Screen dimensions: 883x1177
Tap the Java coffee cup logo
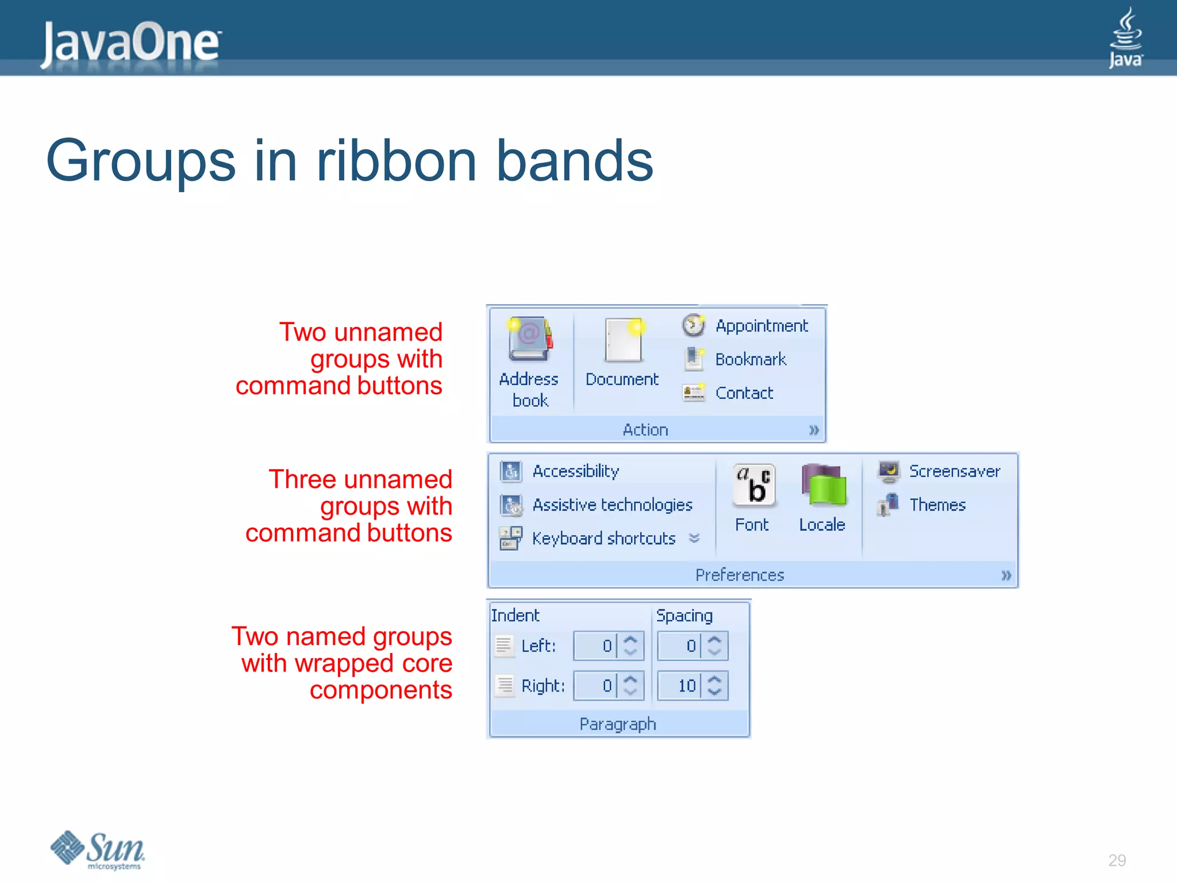(x=1125, y=37)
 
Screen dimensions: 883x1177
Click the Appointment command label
(x=761, y=326)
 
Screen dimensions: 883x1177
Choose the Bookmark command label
(x=750, y=359)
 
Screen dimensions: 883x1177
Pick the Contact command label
(x=744, y=393)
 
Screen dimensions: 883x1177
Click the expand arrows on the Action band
(x=813, y=430)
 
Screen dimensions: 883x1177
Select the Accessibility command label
(x=575, y=471)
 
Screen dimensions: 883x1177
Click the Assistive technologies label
(x=612, y=505)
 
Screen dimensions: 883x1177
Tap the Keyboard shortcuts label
(x=603, y=539)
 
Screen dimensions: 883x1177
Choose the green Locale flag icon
(x=824, y=486)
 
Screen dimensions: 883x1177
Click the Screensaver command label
(x=954, y=471)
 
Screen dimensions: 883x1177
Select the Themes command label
(x=937, y=505)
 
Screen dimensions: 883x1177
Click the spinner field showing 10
(x=680, y=685)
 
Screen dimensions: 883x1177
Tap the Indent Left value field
(x=596, y=646)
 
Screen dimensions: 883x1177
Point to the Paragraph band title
(x=617, y=724)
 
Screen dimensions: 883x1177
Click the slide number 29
(x=1117, y=861)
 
